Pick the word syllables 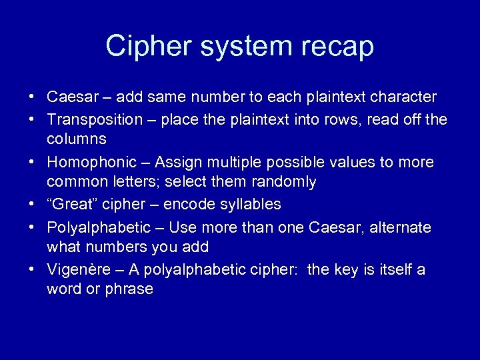click(249, 205)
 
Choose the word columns click(77, 139)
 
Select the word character click(403, 97)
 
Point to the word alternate click(400, 227)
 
